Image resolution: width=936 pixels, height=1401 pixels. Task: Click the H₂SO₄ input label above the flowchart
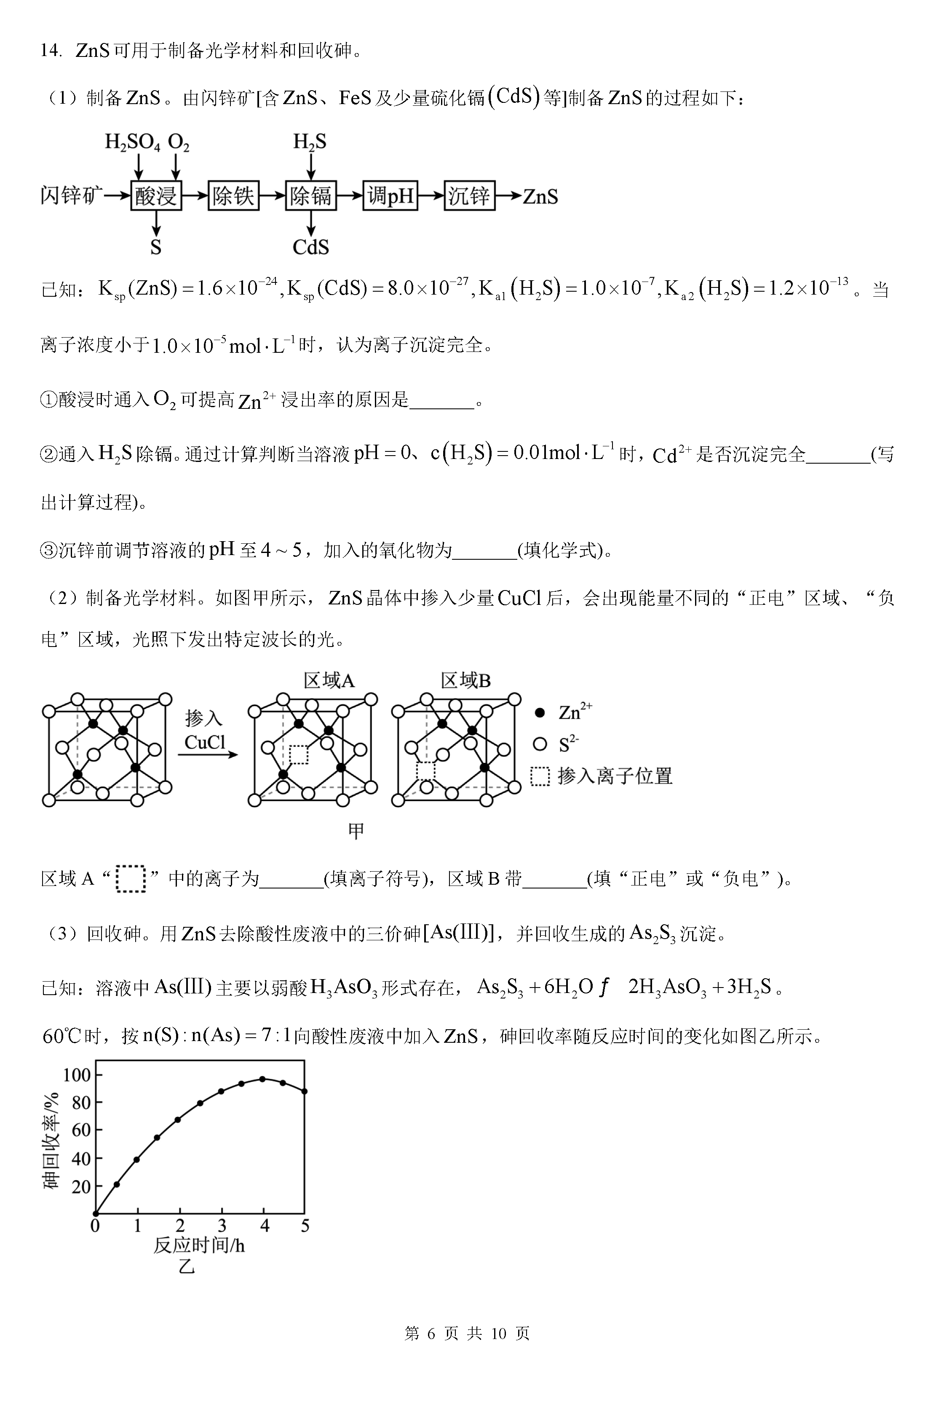tap(133, 142)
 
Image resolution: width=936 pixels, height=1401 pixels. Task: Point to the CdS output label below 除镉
tap(310, 247)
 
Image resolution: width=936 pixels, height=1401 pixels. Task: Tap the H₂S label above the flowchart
tap(310, 142)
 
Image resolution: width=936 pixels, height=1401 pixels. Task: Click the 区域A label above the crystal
tap(329, 680)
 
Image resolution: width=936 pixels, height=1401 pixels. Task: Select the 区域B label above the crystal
tap(465, 680)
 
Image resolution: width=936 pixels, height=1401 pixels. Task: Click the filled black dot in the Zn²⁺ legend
tap(540, 712)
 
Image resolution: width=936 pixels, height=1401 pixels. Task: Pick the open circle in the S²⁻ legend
tap(540, 744)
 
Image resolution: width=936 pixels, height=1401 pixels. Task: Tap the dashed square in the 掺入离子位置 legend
tap(540, 776)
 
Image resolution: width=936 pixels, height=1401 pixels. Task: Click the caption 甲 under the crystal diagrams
tap(356, 831)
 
